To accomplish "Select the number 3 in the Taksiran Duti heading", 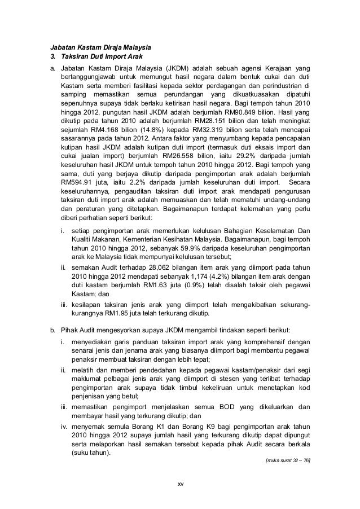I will (x=54, y=58).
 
